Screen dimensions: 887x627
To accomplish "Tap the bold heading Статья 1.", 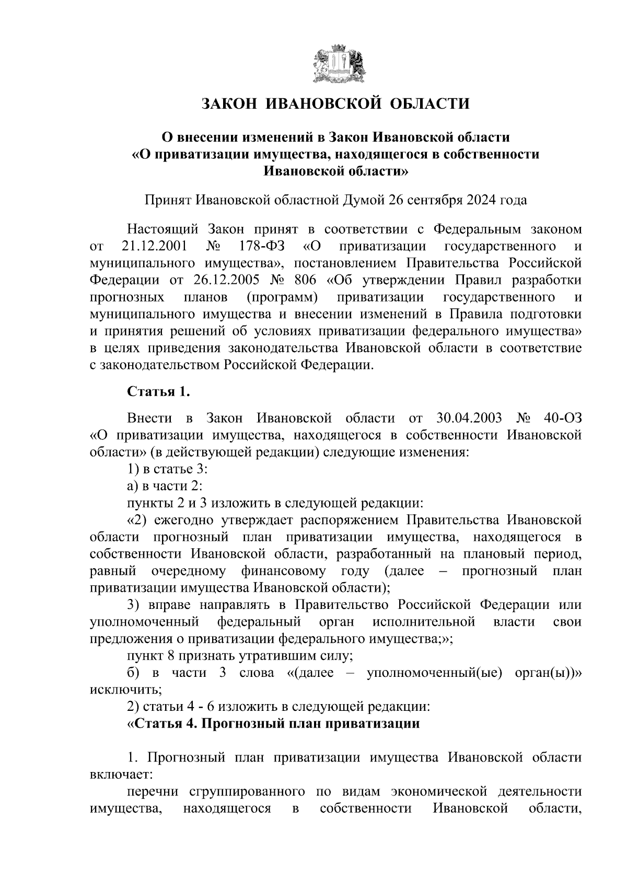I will click(155, 391).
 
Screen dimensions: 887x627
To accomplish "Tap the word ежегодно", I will click(184, 520).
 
